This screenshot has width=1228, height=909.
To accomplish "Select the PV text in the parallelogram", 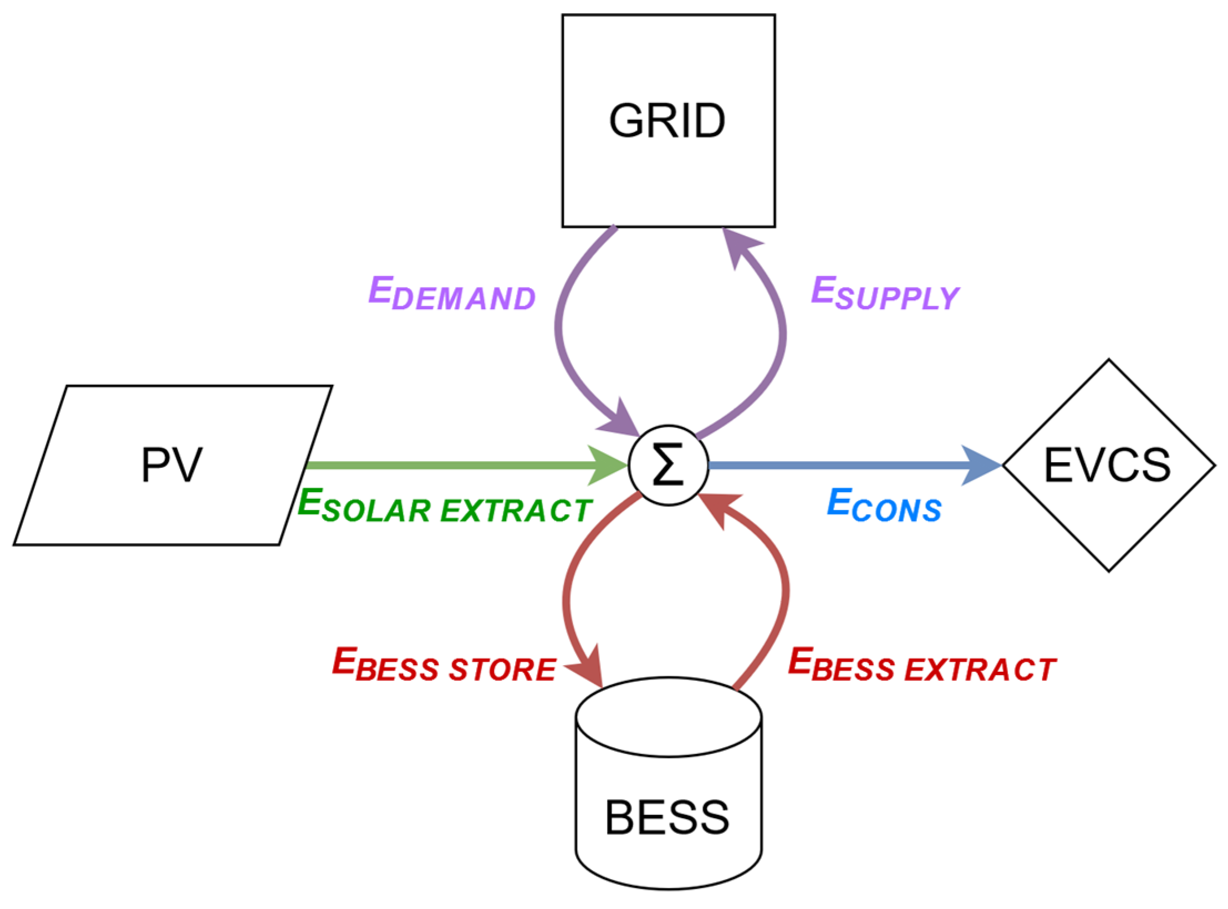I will [x=171, y=465].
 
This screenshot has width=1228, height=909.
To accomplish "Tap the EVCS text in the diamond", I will [x=1107, y=465].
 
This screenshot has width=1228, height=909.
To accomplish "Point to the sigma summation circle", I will [x=668, y=465].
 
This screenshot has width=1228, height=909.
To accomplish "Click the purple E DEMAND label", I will [x=452, y=294].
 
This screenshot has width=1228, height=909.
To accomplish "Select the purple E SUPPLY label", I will [x=885, y=294].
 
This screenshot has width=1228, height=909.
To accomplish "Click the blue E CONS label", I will [x=884, y=505].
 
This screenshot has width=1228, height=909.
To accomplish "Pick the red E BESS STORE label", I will [x=444, y=665].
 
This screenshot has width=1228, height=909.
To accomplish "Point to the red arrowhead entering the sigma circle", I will [x=718, y=507].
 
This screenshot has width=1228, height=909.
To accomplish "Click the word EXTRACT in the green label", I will [x=516, y=510].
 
